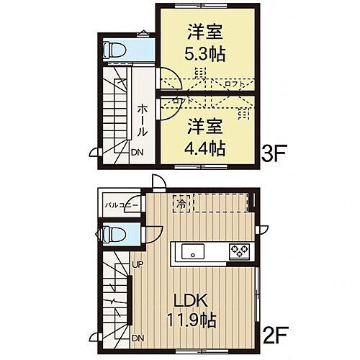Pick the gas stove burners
point(238,251)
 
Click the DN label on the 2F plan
point(135,338)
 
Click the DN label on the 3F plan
point(137,152)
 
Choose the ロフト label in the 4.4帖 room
point(179,102)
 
